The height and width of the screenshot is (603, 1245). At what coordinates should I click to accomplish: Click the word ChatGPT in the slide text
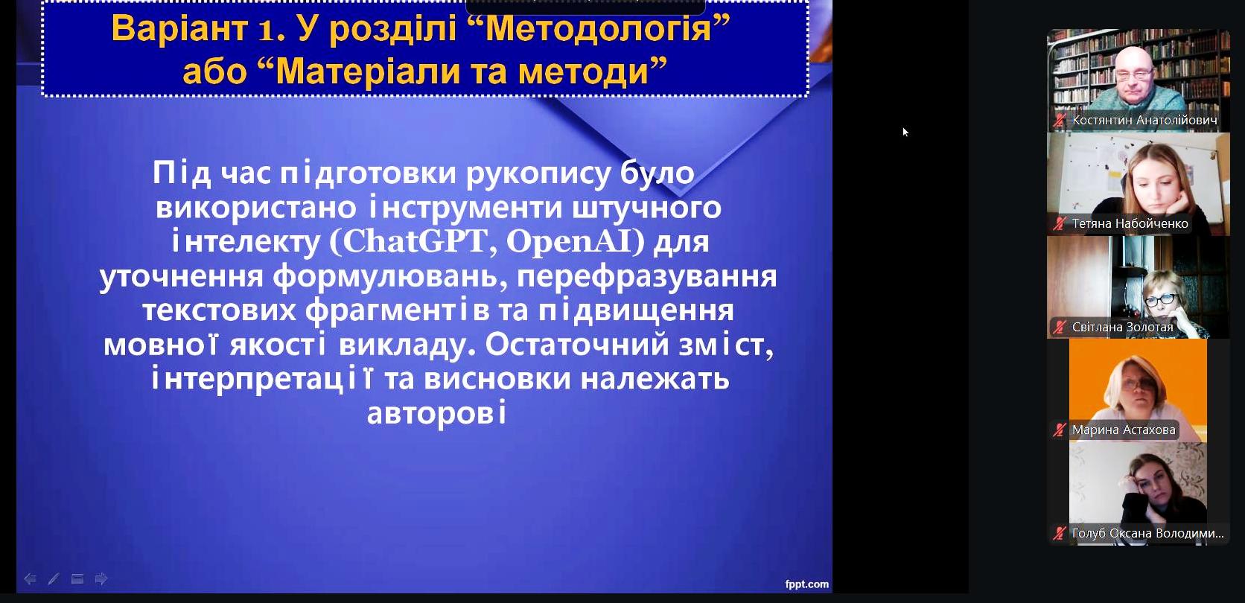coord(413,242)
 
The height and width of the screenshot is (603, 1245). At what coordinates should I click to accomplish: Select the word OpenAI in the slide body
coord(569,242)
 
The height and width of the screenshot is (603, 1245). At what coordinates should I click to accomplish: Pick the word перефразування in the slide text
coord(647,276)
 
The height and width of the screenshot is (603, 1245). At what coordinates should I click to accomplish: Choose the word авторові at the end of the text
coord(436,413)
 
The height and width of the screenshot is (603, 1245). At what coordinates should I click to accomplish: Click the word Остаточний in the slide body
coord(577,345)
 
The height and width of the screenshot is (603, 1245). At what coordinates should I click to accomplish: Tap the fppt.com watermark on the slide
coord(806,584)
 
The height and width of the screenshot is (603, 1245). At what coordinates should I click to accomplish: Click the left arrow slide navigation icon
coord(30,579)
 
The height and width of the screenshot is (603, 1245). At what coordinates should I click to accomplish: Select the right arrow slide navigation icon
coord(101,579)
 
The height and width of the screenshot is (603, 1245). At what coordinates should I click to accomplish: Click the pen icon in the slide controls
coord(54,579)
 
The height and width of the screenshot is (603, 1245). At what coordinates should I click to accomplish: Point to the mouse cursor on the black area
coord(905,132)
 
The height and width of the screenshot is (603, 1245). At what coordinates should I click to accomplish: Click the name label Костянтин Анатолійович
coord(1144,120)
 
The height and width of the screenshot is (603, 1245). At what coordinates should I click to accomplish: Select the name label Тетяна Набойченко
coord(1130,223)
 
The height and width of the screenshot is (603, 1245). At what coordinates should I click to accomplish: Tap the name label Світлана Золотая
coord(1122,327)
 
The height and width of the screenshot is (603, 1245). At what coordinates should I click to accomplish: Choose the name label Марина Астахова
coord(1124,430)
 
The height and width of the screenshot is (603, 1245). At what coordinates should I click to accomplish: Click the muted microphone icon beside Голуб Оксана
coord(1060,534)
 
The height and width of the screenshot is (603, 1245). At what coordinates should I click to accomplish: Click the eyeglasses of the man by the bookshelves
coord(1134,74)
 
